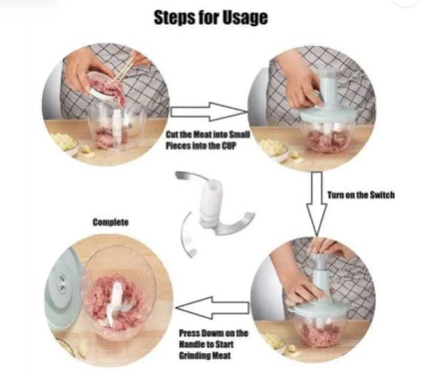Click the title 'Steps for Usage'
(x=210, y=17)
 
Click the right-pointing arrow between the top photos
(x=209, y=111)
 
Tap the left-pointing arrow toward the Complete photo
(x=212, y=308)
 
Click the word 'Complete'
(x=110, y=222)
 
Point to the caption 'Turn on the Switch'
(x=361, y=195)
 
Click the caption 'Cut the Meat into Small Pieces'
(x=208, y=140)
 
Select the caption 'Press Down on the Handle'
(x=214, y=344)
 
